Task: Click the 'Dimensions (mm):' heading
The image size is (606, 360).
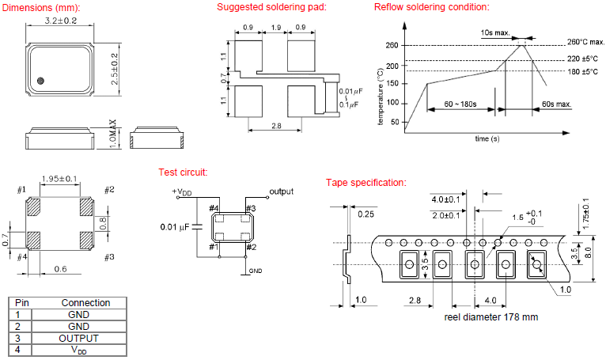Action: pos(40,7)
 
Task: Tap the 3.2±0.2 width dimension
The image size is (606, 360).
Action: pos(60,21)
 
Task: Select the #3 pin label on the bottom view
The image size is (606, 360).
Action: pos(109,257)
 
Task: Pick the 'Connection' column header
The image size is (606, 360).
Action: pos(86,303)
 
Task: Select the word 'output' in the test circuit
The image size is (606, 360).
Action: pos(282,192)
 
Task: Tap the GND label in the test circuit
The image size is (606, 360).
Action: pos(256,271)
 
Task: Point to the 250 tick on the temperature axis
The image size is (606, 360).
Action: pos(392,45)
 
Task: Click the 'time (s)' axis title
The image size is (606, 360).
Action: pos(487,138)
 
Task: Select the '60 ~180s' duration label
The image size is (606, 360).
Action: pos(460,104)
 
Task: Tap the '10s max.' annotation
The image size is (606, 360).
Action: pos(494,33)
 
